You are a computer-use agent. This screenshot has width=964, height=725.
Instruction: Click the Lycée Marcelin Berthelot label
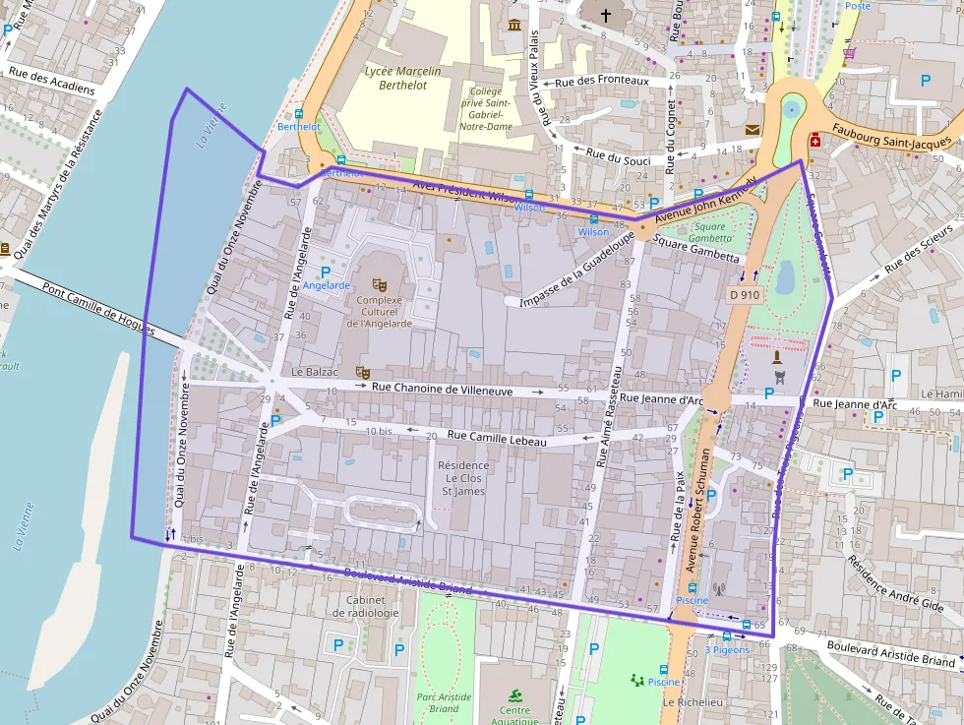click(x=402, y=78)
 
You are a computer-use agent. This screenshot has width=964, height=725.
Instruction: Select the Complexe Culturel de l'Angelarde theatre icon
click(x=380, y=284)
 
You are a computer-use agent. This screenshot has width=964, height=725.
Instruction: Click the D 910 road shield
click(x=745, y=294)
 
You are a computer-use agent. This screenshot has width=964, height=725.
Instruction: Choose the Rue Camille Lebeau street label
click(x=496, y=439)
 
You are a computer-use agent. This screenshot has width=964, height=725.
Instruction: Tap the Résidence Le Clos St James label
click(x=463, y=478)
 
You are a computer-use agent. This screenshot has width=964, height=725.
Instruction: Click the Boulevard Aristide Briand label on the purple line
click(x=406, y=582)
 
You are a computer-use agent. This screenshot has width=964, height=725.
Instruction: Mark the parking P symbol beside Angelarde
click(x=326, y=272)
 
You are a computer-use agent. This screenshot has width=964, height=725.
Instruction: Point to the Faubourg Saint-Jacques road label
click(x=890, y=137)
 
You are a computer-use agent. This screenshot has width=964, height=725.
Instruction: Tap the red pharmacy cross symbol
click(x=815, y=141)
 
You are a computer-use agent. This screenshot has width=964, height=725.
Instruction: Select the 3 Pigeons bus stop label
click(x=727, y=649)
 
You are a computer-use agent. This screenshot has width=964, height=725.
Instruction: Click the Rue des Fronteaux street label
click(x=602, y=82)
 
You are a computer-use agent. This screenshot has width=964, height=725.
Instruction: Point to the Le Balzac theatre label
click(x=315, y=374)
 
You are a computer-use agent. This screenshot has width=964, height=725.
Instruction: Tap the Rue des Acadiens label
click(x=52, y=81)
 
